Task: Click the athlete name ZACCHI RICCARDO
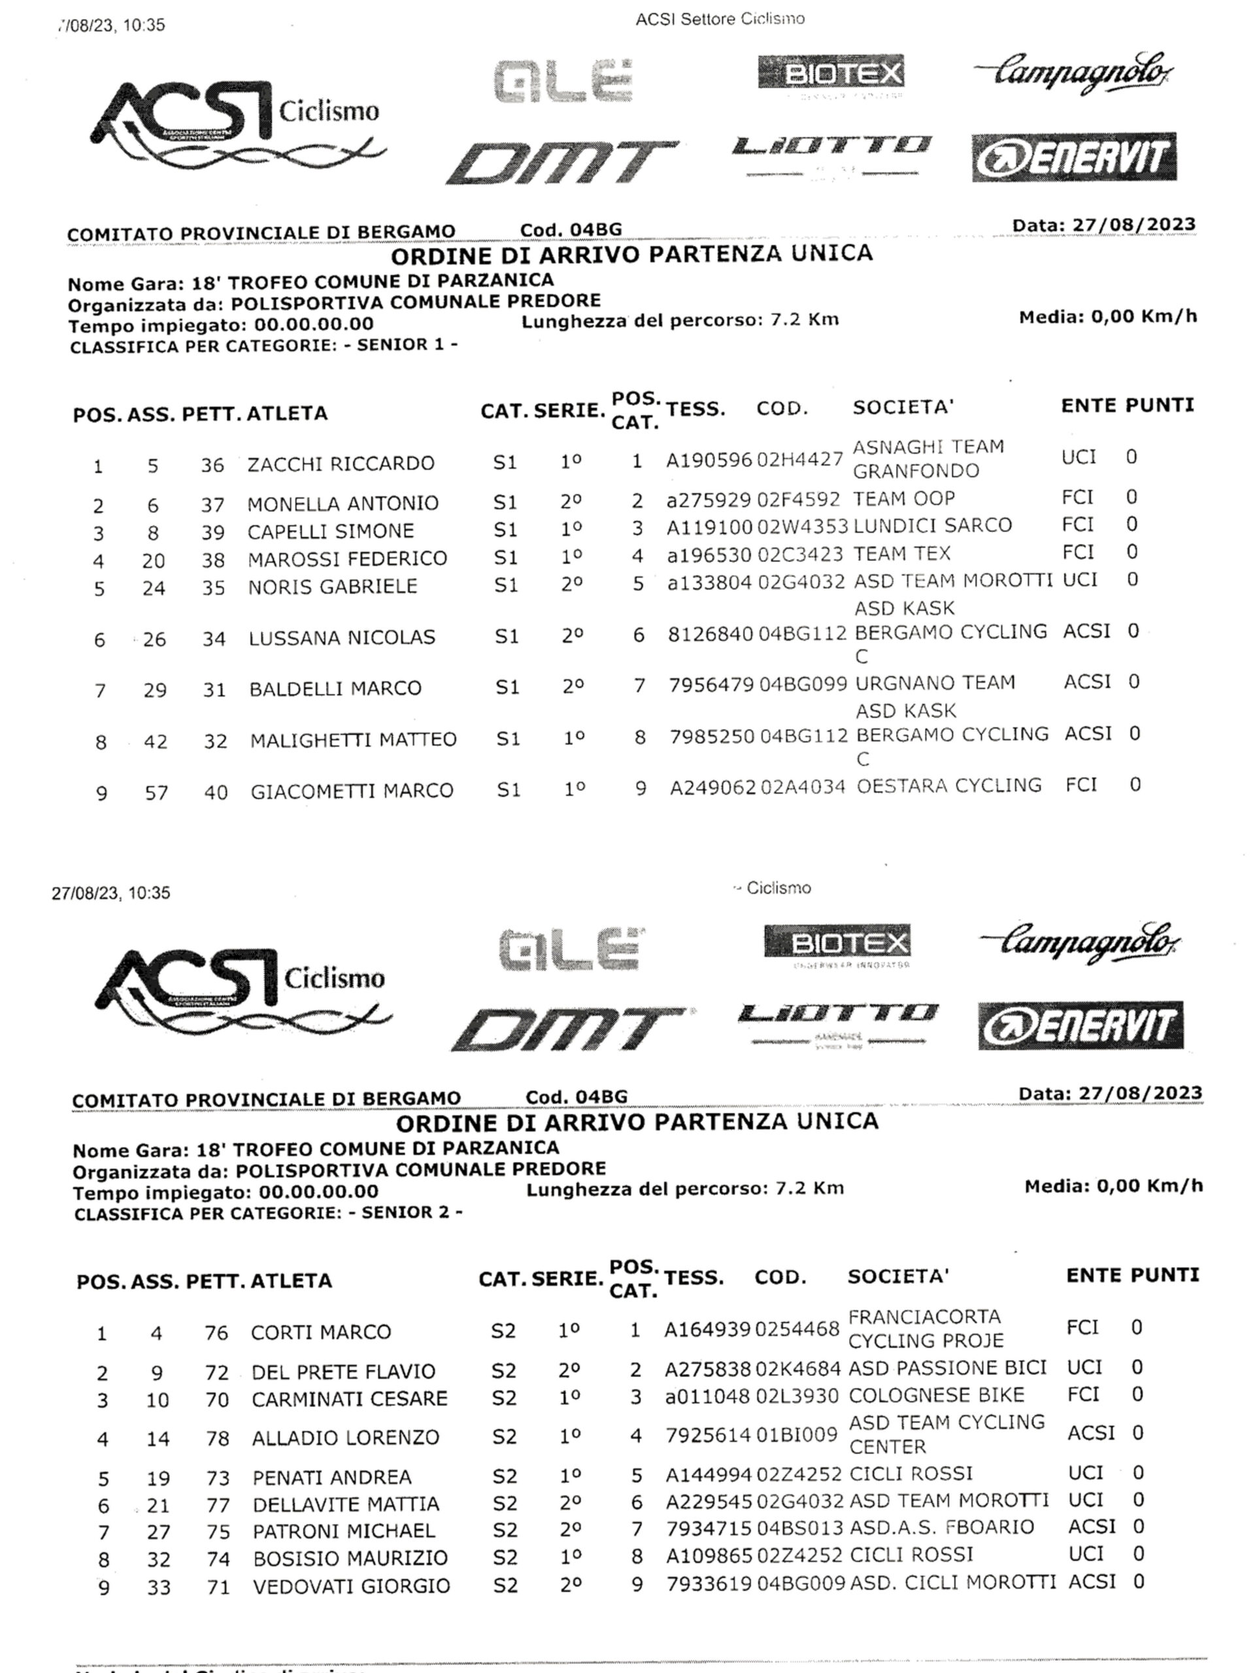(x=341, y=463)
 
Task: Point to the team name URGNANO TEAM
(x=934, y=683)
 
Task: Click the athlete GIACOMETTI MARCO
(x=352, y=791)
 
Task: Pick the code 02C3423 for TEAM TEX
(x=799, y=554)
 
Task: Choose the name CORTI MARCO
(x=321, y=1332)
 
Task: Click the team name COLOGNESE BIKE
(x=936, y=1395)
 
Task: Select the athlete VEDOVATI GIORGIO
(x=351, y=1586)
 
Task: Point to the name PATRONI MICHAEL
(x=343, y=1531)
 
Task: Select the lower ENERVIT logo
(x=1080, y=1025)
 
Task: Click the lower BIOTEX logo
(x=837, y=943)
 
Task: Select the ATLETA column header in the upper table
(x=287, y=414)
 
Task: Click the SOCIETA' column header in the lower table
(x=897, y=1277)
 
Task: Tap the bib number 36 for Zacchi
(x=212, y=465)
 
